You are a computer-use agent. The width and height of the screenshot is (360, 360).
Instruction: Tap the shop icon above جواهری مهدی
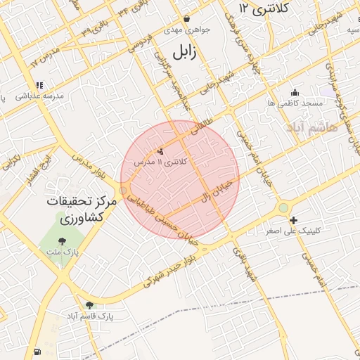click(186, 19)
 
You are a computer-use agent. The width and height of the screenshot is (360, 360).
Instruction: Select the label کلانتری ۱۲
click(255, 8)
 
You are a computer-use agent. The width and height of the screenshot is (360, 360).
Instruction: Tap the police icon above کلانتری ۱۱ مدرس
click(160, 150)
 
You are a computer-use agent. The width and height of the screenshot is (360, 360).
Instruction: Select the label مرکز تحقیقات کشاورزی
click(80, 209)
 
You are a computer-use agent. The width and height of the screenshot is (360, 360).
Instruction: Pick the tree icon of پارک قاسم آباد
click(89, 304)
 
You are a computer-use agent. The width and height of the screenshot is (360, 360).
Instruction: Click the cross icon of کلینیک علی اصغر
click(293, 220)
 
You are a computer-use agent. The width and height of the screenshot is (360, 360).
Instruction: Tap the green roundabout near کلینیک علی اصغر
click(283, 207)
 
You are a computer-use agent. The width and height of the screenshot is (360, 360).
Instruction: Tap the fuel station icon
click(37, 352)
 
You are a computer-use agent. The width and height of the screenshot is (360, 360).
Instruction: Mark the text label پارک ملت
click(68, 251)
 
